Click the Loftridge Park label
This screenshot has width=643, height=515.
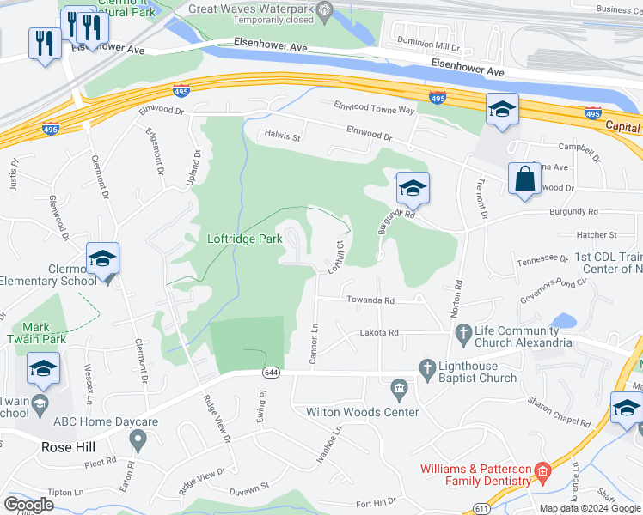(245, 239)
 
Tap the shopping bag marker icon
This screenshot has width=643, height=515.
(524, 179)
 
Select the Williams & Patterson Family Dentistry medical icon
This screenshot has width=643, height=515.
(542, 471)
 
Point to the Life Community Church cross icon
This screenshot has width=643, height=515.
(463, 331)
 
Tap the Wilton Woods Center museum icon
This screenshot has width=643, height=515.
(398, 390)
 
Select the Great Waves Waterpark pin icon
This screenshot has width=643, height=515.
(324, 11)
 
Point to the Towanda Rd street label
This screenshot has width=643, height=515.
(370, 300)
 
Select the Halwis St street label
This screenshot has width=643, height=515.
(282, 136)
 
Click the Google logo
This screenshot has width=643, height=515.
(28, 505)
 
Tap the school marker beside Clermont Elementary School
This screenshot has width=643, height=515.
(102, 259)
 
